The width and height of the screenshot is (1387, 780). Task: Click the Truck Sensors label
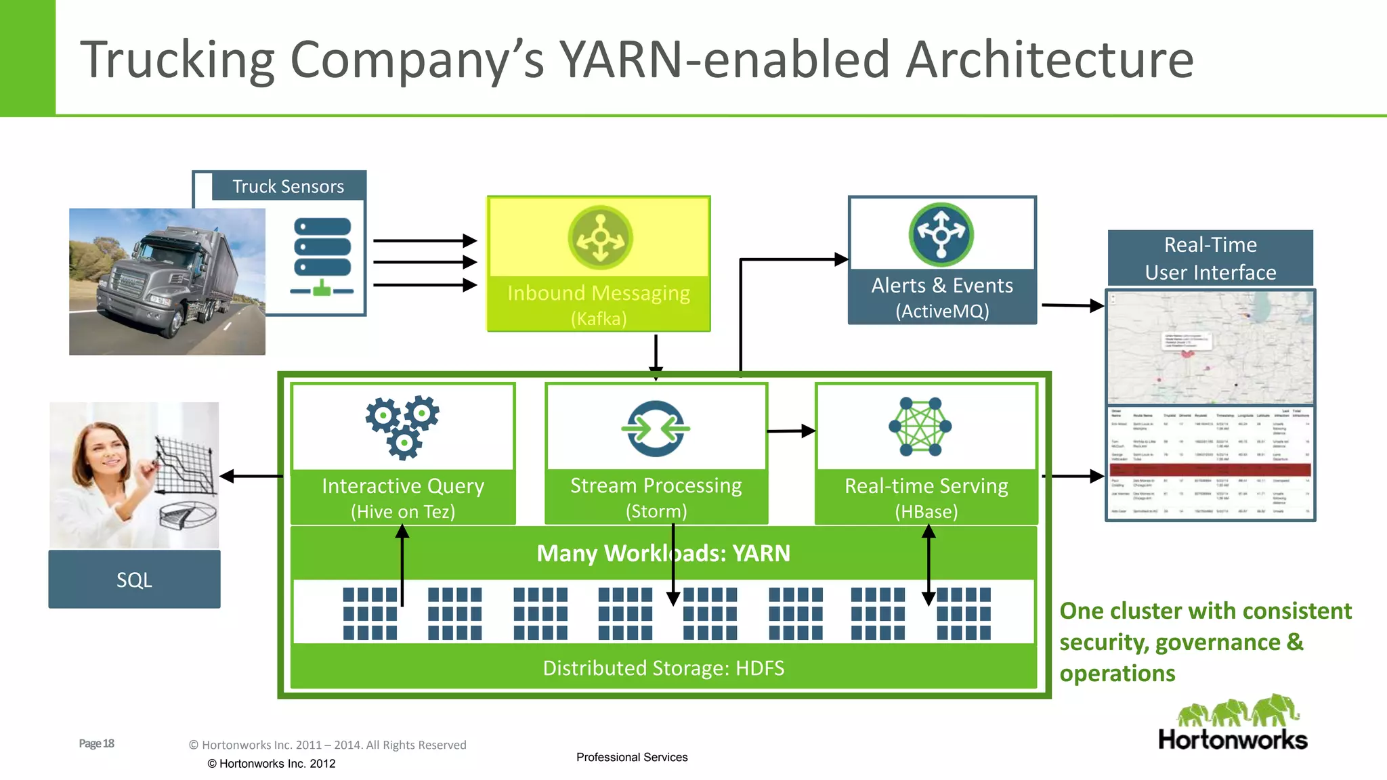click(288, 186)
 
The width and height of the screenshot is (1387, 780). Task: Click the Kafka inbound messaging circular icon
click(600, 238)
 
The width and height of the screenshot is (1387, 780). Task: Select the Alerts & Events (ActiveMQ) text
click(942, 297)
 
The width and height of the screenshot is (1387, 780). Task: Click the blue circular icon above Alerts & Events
click(941, 234)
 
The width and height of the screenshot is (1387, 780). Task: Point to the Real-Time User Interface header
click(1210, 258)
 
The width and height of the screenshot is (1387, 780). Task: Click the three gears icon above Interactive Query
click(403, 427)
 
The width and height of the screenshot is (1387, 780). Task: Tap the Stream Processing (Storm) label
click(656, 497)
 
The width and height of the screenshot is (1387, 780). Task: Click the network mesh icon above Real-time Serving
click(920, 427)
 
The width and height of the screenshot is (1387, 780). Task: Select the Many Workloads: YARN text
click(663, 553)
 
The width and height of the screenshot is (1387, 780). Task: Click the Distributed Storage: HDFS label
click(663, 668)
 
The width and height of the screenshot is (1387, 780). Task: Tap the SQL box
click(134, 580)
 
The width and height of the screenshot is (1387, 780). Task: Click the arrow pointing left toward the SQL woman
click(251, 477)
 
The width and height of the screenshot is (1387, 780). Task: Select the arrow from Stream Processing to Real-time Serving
click(790, 431)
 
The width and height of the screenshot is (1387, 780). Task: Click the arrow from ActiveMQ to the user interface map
click(1073, 305)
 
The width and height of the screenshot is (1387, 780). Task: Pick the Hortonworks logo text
click(1233, 739)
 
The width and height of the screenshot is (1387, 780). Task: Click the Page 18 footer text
click(96, 743)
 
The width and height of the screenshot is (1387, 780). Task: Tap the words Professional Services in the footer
click(631, 757)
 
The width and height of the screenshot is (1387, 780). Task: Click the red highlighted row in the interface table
click(1210, 469)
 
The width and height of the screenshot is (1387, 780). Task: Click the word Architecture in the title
click(1049, 60)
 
